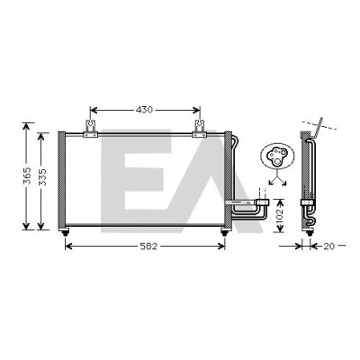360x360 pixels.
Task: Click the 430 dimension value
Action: coord(144,110)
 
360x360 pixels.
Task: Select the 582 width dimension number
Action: coord(148,247)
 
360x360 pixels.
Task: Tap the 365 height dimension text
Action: coord(27,175)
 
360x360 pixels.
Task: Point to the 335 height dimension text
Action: coord(42,177)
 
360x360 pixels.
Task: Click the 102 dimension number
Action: coord(279,215)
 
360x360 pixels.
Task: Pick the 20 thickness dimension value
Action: coord(328,247)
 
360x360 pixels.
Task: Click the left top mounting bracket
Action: coord(90,129)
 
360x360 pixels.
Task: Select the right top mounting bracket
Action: coord(200,129)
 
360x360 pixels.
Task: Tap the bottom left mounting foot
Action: coord(65,232)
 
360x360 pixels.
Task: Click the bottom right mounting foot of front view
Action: coord(224,232)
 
